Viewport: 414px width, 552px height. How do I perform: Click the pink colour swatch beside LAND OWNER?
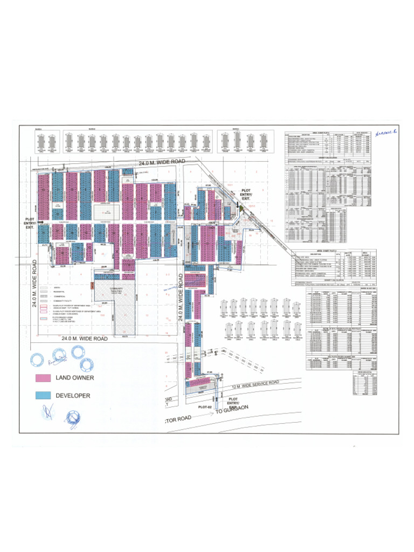click(x=43, y=378)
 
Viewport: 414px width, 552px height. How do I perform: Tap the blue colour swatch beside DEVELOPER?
click(x=43, y=395)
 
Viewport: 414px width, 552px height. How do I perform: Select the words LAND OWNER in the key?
click(x=75, y=378)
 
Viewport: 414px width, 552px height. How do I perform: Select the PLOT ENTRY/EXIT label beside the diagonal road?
click(x=246, y=195)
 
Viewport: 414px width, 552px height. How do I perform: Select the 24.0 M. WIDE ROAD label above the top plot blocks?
click(x=161, y=162)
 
